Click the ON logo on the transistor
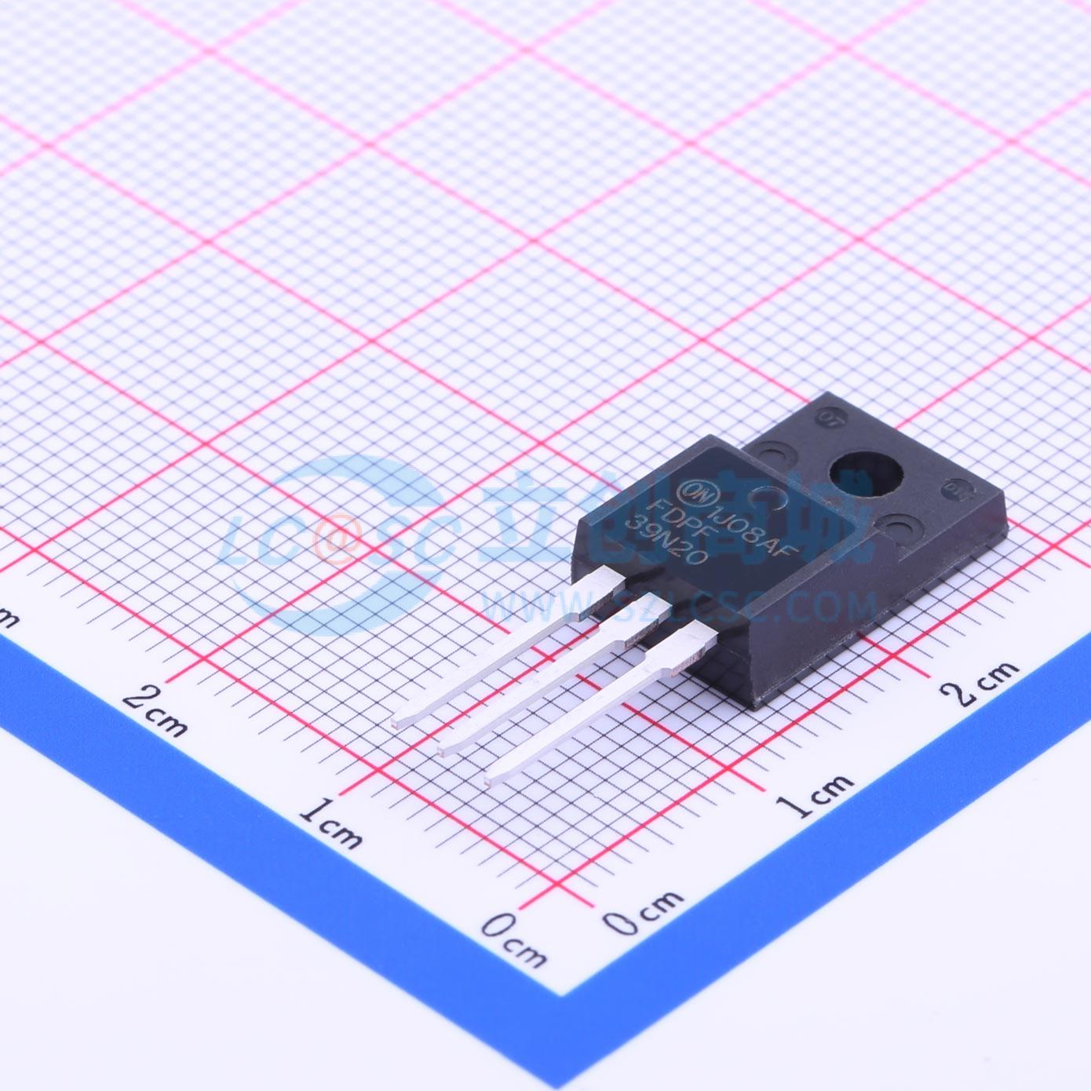click(x=695, y=490)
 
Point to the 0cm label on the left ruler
click(x=514, y=940)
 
